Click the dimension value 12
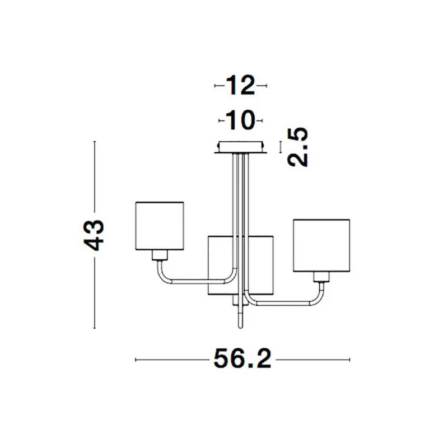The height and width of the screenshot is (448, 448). (240, 86)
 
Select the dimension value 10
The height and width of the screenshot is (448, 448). (240, 120)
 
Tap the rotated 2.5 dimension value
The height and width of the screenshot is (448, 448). (298, 147)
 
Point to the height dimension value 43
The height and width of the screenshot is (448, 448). (94, 235)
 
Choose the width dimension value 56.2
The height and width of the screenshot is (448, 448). (242, 359)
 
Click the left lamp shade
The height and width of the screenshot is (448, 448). (160, 226)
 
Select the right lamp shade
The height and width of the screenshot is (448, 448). (321, 245)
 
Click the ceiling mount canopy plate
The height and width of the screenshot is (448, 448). (241, 147)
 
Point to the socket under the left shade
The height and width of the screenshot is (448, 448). (160, 255)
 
